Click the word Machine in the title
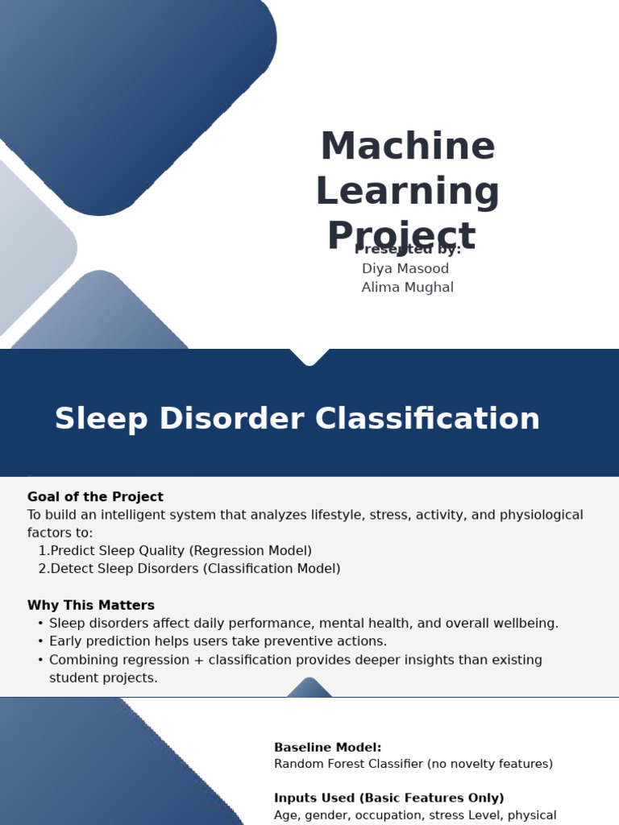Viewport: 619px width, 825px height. click(x=408, y=146)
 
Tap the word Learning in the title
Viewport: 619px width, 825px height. click(x=408, y=192)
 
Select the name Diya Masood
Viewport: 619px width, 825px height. click(x=405, y=268)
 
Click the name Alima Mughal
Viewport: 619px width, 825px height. click(x=407, y=288)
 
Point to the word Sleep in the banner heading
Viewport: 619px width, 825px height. click(x=101, y=419)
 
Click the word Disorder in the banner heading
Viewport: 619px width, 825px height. click(x=231, y=418)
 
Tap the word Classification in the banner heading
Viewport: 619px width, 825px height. click(x=427, y=418)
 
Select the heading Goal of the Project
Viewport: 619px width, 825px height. click(x=95, y=496)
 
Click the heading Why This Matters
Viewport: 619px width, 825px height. click(x=91, y=605)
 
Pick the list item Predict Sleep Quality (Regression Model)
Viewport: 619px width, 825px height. click(x=181, y=551)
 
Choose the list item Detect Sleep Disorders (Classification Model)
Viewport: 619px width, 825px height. click(x=195, y=569)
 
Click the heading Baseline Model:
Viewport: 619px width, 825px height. click(x=327, y=747)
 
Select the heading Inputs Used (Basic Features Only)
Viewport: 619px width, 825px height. click(x=389, y=798)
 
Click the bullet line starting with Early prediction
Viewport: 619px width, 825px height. click(x=218, y=641)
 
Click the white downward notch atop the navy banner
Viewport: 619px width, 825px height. click(x=309, y=357)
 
